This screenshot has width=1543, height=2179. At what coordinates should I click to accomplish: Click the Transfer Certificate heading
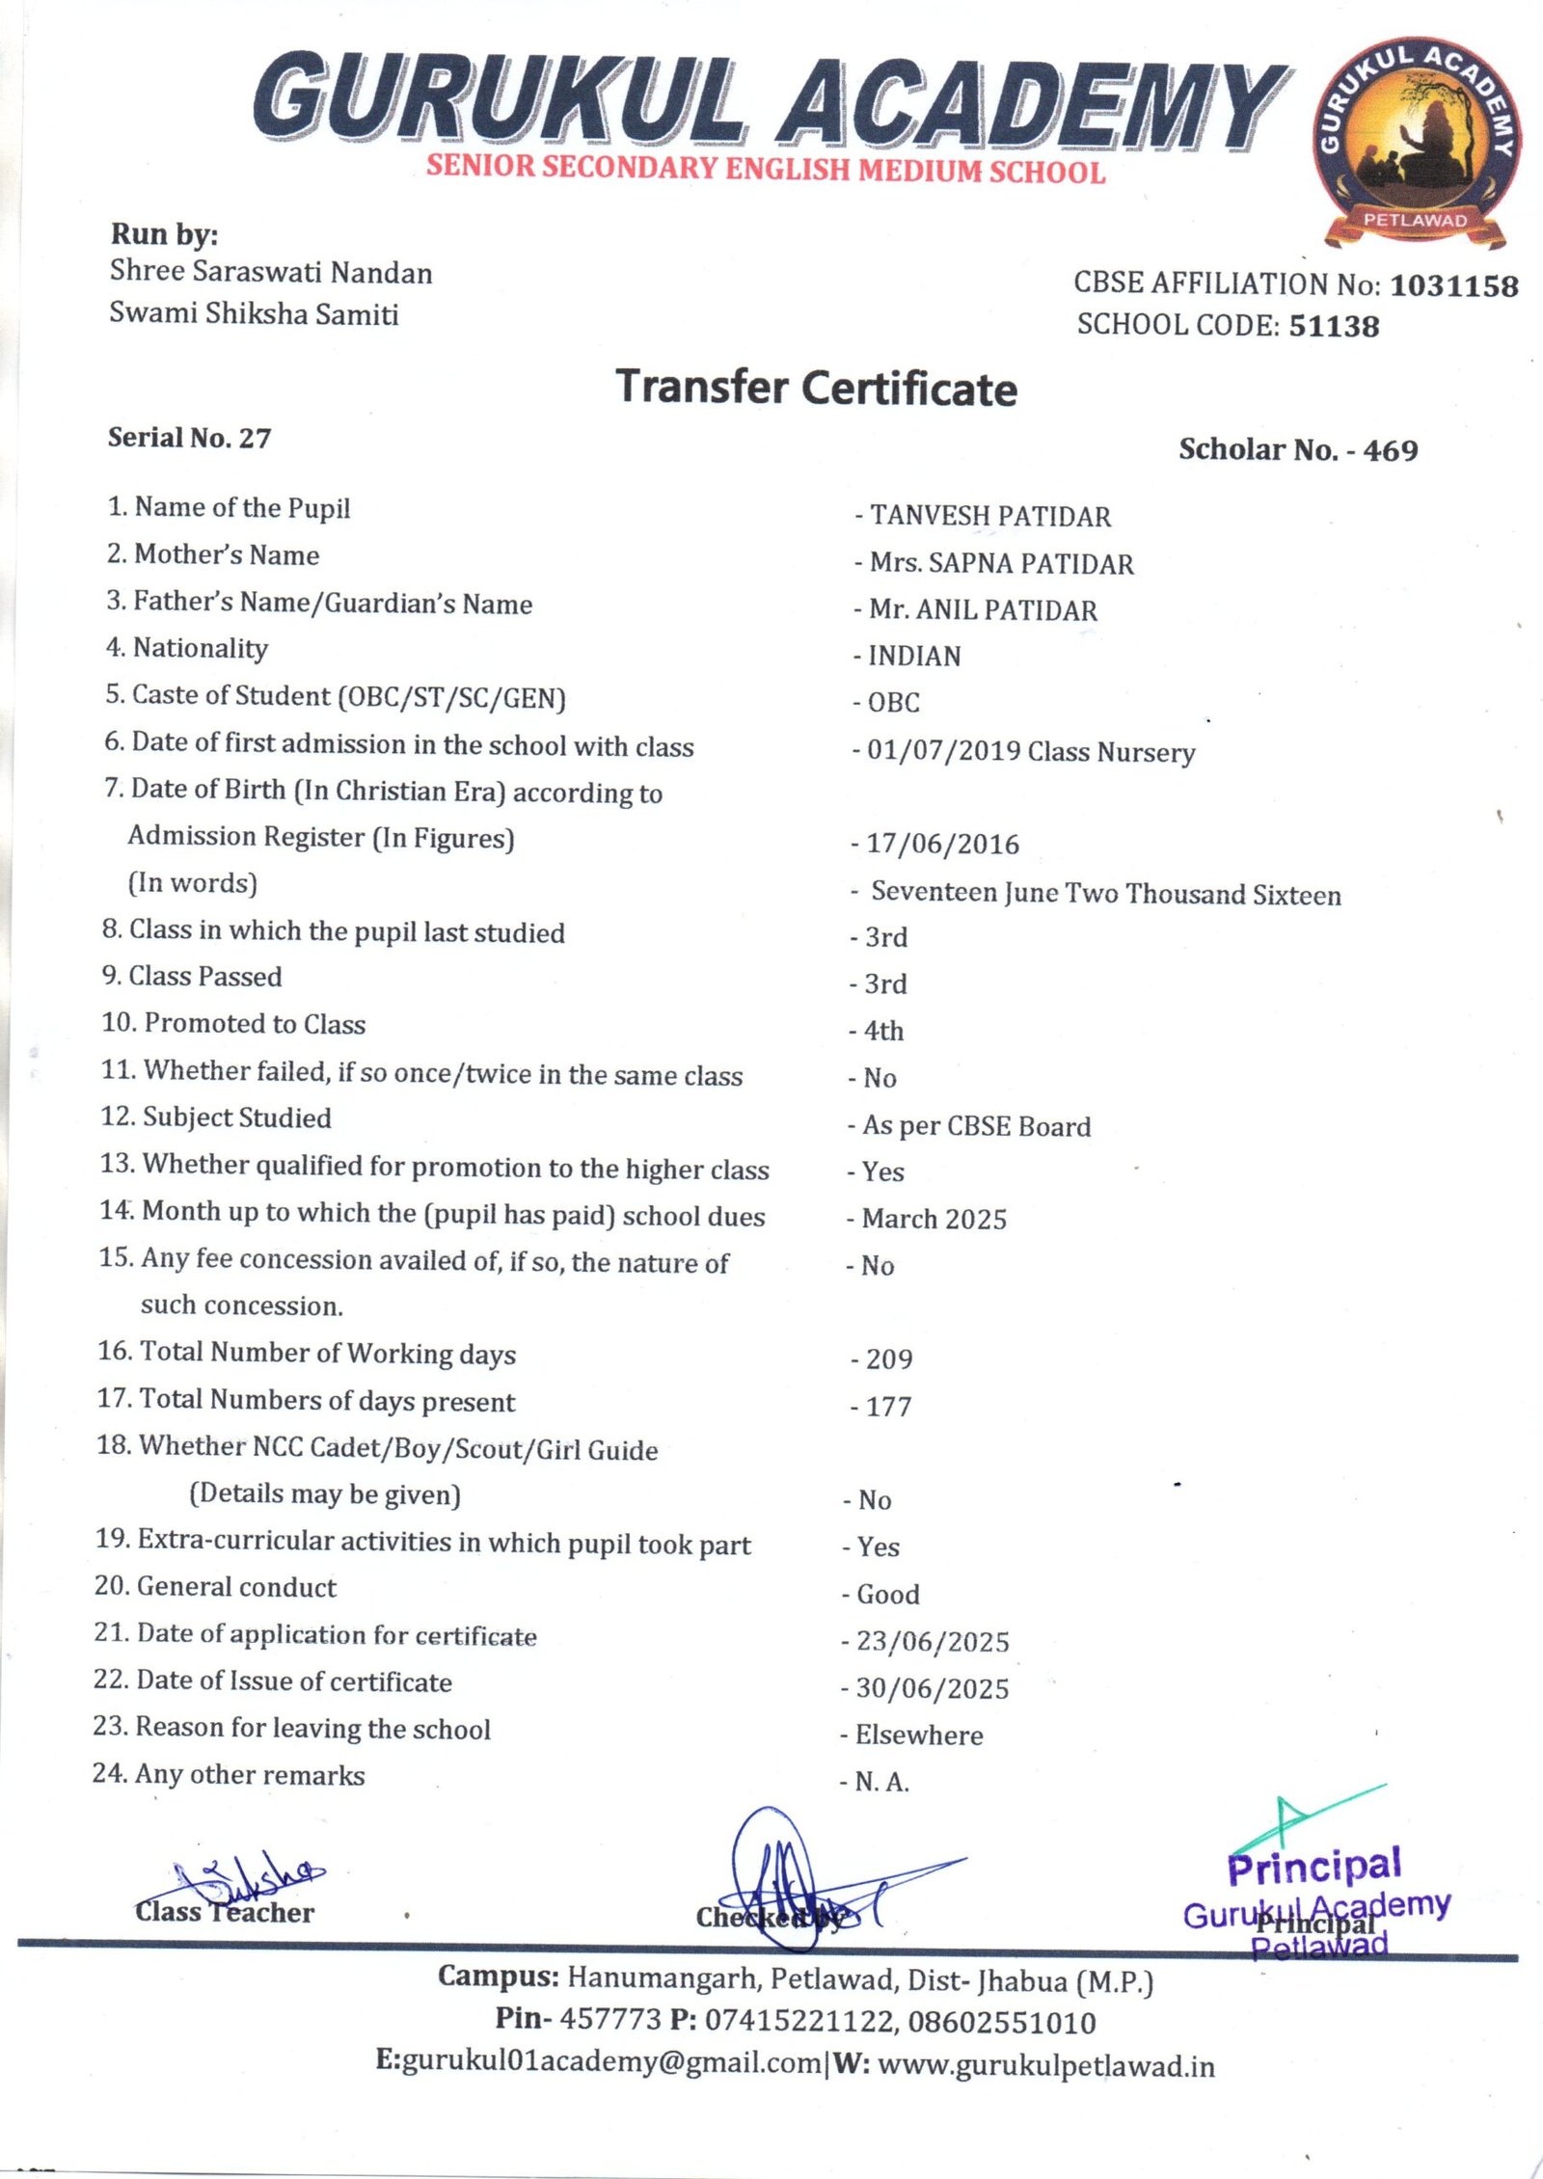coord(816,388)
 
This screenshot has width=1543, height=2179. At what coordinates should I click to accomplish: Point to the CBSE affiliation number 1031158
coord(1453,285)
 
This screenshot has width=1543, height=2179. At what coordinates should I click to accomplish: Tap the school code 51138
coord(1334,326)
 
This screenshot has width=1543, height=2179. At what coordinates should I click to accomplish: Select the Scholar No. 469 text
coord(1297,450)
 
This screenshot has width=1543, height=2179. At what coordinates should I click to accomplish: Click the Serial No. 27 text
coord(189,438)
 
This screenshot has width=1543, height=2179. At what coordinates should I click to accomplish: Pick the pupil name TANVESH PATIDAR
coord(989,517)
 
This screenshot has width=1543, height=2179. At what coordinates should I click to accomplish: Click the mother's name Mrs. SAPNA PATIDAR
coord(1001,563)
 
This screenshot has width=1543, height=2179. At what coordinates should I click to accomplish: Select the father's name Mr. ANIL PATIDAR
coord(983,610)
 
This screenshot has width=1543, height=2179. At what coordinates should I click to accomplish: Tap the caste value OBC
coord(893,703)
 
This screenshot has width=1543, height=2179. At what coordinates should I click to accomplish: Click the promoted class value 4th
coord(883,1031)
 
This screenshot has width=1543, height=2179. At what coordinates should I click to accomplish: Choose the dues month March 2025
coord(934,1219)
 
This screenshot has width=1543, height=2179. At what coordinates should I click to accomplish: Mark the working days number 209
coord(888,1359)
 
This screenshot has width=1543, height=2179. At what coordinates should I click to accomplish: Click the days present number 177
coord(888,1407)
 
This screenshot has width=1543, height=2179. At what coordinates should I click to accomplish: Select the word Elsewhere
coord(918,1735)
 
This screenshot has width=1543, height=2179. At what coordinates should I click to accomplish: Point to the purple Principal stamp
coord(1315,1897)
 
